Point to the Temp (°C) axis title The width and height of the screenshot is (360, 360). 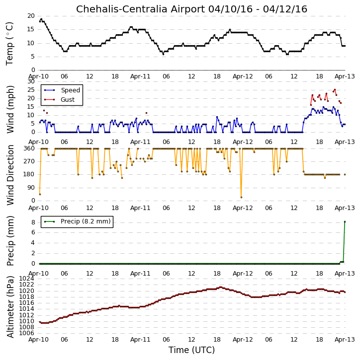tap(9, 44)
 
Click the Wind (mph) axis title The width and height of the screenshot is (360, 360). tap(10, 109)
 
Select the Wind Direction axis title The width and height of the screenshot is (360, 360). tap(10, 175)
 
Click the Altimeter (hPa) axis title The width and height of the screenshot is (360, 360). tap(10, 307)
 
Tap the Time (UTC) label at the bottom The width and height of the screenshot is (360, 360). tap(191, 350)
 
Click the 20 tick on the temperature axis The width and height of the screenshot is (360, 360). tap(31, 16)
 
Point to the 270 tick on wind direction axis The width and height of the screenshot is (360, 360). tap(29, 161)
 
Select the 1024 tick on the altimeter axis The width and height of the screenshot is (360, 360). tap(27, 279)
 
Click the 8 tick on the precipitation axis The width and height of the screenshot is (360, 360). tap(33, 222)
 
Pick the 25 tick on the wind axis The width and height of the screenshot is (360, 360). tap(31, 90)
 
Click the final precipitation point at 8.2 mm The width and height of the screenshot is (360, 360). tap(345, 222)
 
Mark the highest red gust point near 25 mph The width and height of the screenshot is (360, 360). tap(335, 90)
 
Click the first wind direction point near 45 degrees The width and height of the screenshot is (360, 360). tap(40, 195)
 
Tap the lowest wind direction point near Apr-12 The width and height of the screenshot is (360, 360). tap(241, 198)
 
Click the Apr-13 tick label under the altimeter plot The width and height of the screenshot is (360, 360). tap(345, 340)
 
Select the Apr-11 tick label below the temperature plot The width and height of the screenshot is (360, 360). tap(140, 76)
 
